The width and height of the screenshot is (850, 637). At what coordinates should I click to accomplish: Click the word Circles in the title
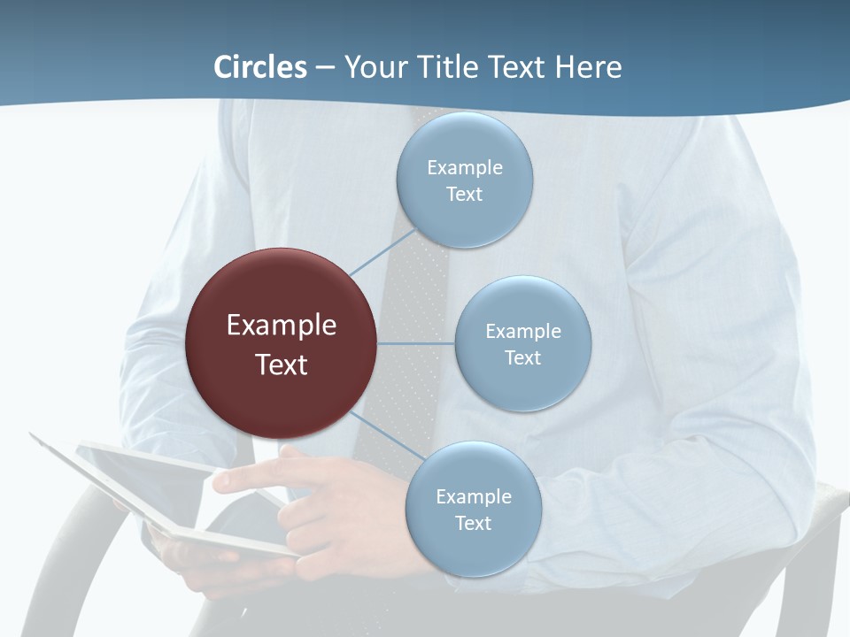tap(260, 67)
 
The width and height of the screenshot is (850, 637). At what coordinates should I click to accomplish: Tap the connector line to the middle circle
tap(416, 343)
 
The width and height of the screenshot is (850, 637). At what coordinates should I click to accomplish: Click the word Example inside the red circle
tap(281, 326)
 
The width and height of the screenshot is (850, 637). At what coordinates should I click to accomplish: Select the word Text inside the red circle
tap(281, 365)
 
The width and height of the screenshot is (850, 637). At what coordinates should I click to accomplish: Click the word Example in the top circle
tap(464, 168)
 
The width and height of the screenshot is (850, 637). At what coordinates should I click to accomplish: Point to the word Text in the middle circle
tap(522, 358)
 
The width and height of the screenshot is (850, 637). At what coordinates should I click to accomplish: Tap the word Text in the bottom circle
tap(473, 524)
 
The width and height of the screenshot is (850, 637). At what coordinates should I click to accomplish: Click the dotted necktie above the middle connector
tap(416, 292)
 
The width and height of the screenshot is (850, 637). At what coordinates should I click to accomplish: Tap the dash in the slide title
tap(325, 67)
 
